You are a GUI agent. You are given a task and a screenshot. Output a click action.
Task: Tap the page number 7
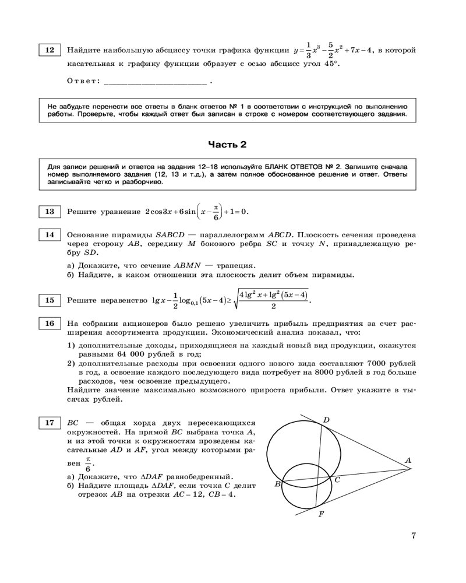(x=413, y=536)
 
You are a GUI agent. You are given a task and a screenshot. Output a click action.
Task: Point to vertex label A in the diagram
(x=408, y=460)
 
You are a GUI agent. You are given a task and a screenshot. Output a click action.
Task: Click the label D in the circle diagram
(x=326, y=420)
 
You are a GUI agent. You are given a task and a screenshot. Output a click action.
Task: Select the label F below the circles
(x=321, y=514)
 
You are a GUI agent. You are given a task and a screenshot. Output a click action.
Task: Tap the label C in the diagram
(x=337, y=479)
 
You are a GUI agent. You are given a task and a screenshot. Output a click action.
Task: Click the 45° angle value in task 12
(x=331, y=64)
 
